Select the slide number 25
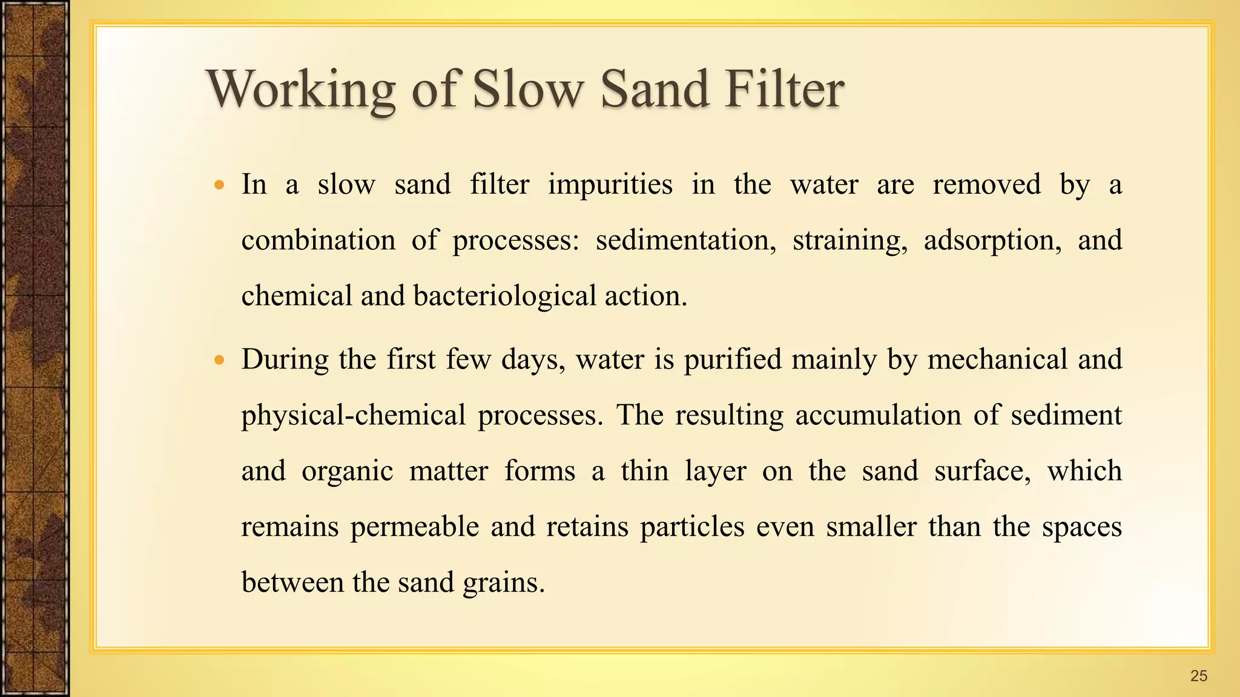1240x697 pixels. point(1198,676)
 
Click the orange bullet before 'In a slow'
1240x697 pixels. point(220,185)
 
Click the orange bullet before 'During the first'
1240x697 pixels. point(220,360)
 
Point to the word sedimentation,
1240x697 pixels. point(685,240)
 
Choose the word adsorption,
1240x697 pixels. point(992,240)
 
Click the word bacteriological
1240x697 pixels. point(505,296)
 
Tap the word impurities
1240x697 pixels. point(610,185)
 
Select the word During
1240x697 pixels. point(285,359)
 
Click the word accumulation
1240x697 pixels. point(877,416)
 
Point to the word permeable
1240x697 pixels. point(415,526)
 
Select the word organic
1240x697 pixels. point(347,471)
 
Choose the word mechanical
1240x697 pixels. point(997,359)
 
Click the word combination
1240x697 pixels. point(318,240)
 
